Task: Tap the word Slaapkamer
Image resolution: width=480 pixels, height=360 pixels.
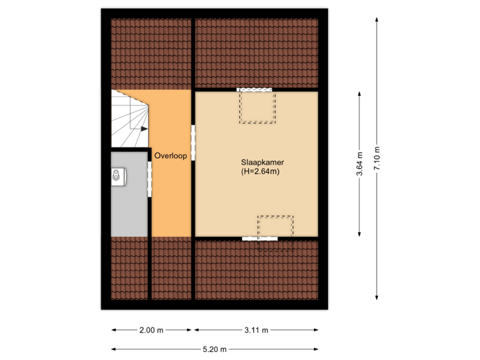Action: point(259,162)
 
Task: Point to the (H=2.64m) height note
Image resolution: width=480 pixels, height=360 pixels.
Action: point(259,172)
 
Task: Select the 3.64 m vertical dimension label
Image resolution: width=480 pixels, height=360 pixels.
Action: point(360,163)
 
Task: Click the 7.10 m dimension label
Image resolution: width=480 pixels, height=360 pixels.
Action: point(377,159)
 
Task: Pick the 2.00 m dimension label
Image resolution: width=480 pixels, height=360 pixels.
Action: point(151,330)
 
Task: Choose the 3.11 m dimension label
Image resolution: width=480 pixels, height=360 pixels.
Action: point(257,330)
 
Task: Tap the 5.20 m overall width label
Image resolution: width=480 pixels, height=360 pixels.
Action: point(215,349)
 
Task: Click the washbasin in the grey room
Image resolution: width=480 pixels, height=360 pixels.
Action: point(117,176)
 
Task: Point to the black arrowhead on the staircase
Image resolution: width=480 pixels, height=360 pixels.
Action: point(144,128)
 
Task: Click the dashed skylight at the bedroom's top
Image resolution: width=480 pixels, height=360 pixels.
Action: point(257,107)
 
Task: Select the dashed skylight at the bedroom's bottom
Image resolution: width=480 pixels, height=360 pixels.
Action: point(275,232)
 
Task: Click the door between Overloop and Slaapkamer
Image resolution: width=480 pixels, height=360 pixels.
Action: point(193,142)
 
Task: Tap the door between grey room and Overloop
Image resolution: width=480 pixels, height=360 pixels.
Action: point(150,179)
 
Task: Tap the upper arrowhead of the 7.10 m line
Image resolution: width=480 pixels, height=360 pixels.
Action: point(377,21)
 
